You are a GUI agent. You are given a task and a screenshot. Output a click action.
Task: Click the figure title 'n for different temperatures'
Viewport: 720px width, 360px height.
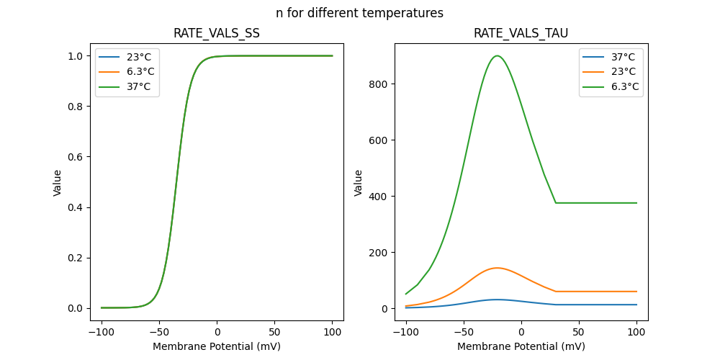click(359, 13)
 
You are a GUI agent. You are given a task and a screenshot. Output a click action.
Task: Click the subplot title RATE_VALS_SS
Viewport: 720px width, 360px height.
click(217, 33)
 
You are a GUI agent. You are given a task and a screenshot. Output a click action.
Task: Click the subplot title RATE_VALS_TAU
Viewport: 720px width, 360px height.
click(521, 33)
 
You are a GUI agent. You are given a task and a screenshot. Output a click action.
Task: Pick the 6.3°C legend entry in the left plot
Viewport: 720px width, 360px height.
click(140, 71)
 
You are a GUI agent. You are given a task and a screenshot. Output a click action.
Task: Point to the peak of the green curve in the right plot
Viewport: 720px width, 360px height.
click(497, 56)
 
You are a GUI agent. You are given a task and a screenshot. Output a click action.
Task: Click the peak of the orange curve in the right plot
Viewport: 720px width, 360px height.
click(497, 268)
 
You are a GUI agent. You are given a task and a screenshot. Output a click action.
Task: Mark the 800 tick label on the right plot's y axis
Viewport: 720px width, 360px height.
click(379, 84)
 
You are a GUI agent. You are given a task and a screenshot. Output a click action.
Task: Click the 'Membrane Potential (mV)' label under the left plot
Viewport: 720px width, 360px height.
click(217, 346)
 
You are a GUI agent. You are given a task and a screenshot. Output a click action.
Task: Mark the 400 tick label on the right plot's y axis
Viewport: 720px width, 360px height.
click(379, 197)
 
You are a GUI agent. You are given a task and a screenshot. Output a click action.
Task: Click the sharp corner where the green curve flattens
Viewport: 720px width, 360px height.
click(556, 203)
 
